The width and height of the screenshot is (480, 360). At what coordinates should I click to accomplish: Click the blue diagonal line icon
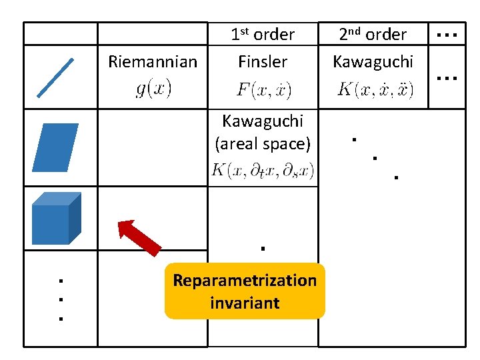click(x=55, y=77)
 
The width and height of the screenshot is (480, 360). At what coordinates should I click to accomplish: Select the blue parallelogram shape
click(x=55, y=148)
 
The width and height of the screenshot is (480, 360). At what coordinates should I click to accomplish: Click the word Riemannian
click(x=153, y=62)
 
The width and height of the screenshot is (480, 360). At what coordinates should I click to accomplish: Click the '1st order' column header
click(x=263, y=34)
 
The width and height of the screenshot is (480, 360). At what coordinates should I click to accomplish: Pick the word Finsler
click(x=263, y=62)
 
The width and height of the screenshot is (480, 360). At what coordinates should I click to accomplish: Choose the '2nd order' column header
click(x=373, y=34)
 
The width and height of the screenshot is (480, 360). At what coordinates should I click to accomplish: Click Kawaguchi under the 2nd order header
click(x=373, y=62)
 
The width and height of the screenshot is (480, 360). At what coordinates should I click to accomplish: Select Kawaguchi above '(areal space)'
click(x=263, y=121)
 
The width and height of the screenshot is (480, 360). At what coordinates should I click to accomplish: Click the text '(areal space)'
click(x=263, y=143)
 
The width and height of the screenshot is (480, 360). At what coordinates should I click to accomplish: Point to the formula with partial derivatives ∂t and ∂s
click(x=263, y=171)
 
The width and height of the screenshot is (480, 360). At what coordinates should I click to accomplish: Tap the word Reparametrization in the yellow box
click(x=245, y=280)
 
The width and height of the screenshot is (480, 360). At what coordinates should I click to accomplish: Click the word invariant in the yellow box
click(x=245, y=303)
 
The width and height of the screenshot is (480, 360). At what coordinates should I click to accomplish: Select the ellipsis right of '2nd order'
click(x=445, y=34)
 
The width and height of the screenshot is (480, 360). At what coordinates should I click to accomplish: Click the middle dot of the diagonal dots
click(x=375, y=159)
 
